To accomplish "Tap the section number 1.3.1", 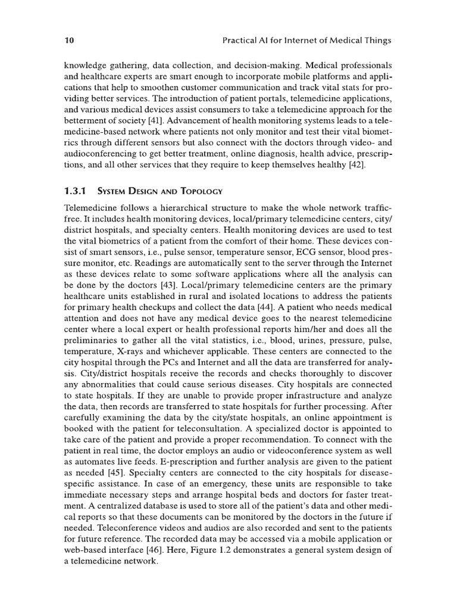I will pyautogui.click(x=75, y=191).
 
